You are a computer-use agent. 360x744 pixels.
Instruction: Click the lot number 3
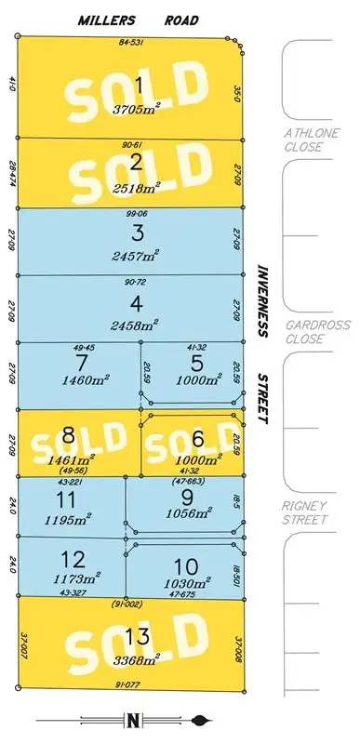(x=138, y=232)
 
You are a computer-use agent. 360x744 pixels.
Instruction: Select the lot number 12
(x=66, y=561)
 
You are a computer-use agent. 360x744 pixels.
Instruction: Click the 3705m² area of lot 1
(x=138, y=108)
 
